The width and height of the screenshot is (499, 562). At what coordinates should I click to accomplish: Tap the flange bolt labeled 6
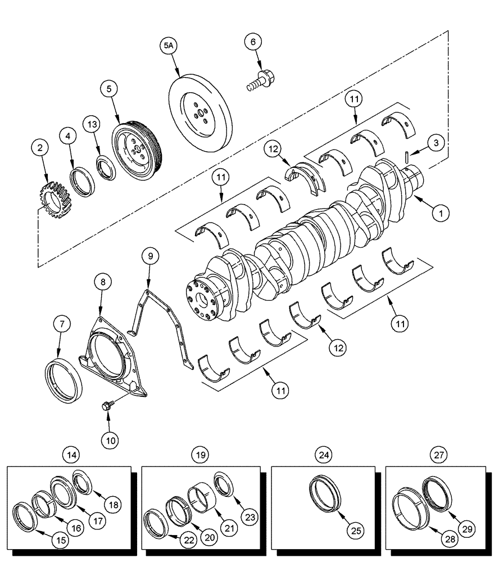coord(258,79)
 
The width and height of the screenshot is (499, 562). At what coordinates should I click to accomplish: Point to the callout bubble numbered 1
coord(441,214)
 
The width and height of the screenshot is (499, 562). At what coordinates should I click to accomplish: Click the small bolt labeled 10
coord(107,405)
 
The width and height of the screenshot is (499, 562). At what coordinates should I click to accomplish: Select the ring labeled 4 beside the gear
coord(80,180)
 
